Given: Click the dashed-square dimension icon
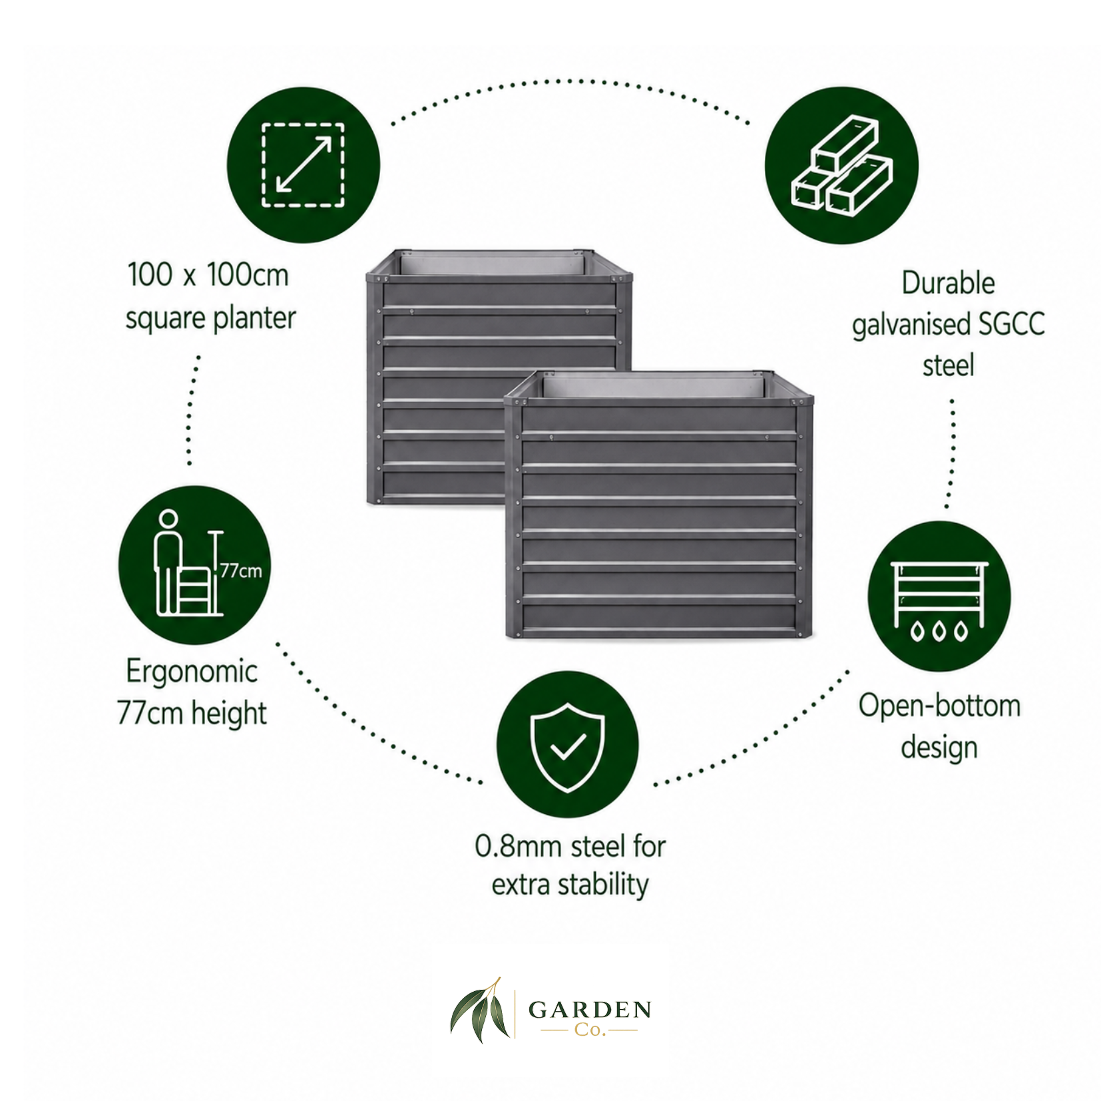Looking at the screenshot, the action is pyautogui.click(x=303, y=166).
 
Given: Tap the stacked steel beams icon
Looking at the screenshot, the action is pyautogui.click(x=841, y=166).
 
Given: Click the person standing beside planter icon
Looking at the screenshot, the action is pyautogui.click(x=193, y=563).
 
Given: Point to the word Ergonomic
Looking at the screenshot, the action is pyautogui.click(x=192, y=672).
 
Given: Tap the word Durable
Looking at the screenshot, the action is pyautogui.click(x=948, y=283).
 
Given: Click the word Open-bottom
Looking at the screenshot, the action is pyautogui.click(x=939, y=706).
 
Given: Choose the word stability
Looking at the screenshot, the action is pyautogui.click(x=603, y=886).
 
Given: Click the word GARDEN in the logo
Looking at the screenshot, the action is pyautogui.click(x=589, y=1010).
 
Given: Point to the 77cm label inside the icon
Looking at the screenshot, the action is pyautogui.click(x=241, y=571).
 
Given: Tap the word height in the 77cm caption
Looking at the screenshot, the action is pyautogui.click(x=229, y=713).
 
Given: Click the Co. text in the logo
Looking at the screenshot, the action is pyautogui.click(x=590, y=1031).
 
